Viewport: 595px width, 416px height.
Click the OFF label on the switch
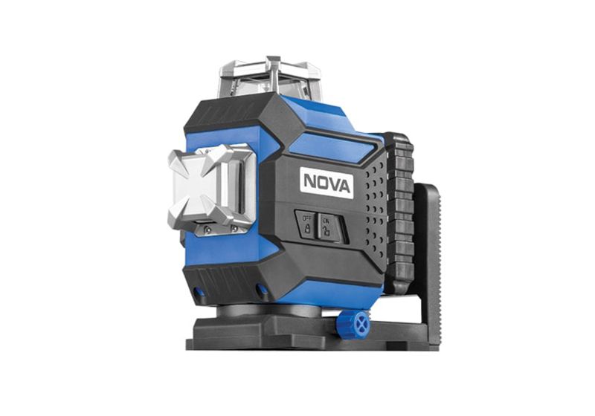[306, 217]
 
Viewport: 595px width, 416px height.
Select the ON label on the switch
[326, 219]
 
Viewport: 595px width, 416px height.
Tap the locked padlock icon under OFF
[306, 228]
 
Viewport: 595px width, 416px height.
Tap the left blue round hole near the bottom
[199, 291]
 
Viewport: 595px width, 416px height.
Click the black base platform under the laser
[297, 331]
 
